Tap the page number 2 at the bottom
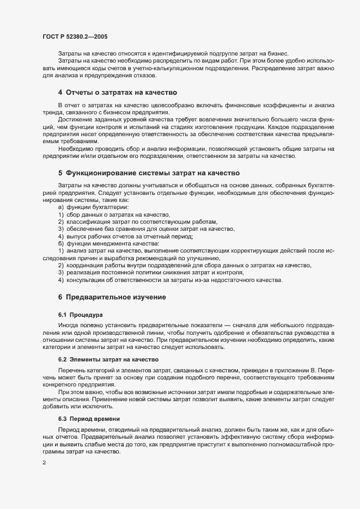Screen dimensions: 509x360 [44, 463]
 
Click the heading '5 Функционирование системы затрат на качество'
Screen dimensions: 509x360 [149, 173]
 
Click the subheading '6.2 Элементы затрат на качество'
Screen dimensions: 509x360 [108, 359]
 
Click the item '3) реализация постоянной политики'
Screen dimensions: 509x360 [151, 272]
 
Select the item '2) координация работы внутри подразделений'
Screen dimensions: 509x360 [185, 265]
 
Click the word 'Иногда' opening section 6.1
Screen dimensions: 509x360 [69, 326]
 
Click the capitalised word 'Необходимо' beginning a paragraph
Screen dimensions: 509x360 [76, 149]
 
